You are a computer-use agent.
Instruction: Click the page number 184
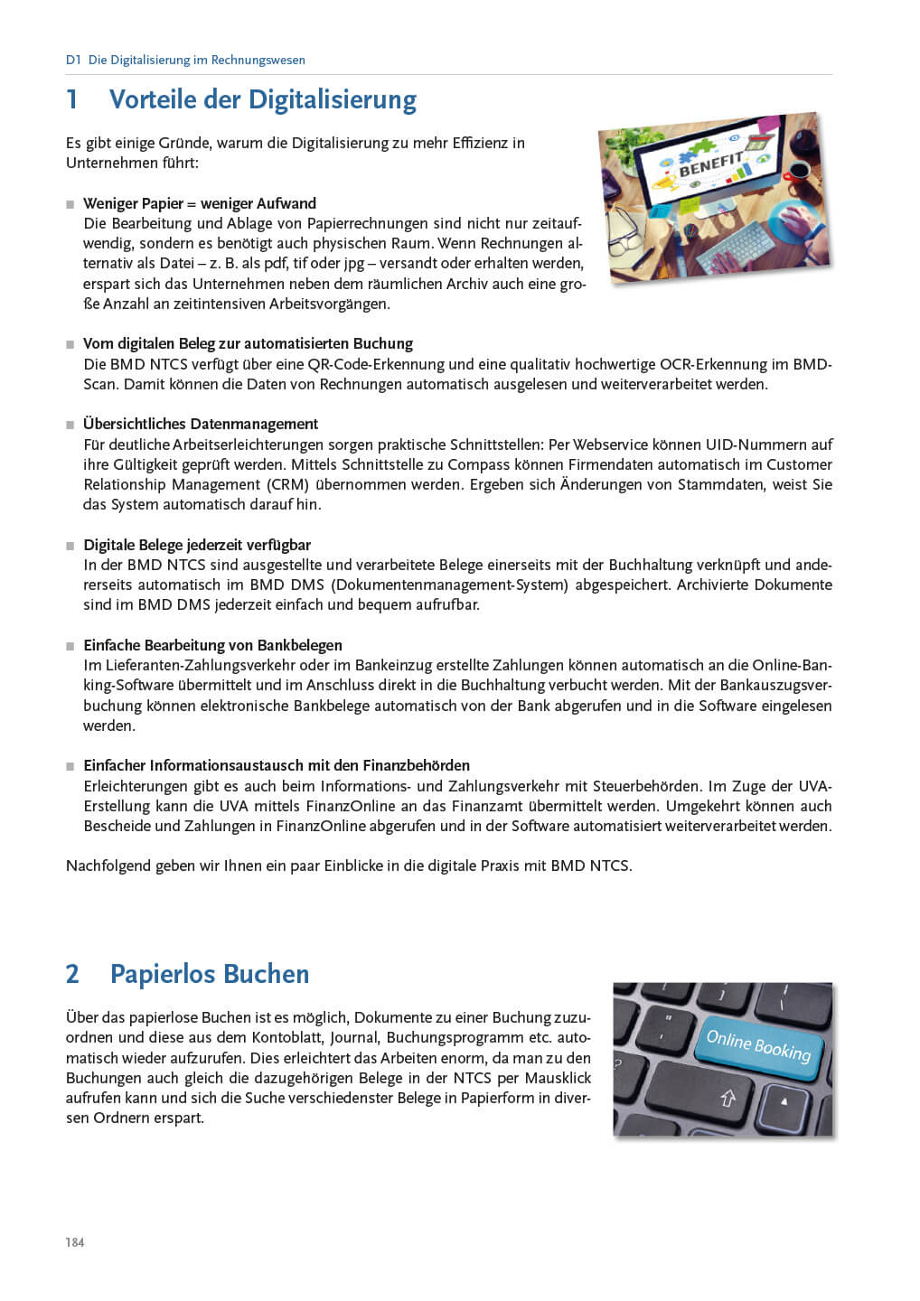[x=75, y=1242]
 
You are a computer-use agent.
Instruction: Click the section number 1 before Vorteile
[x=72, y=99]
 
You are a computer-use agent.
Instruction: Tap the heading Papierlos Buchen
[x=210, y=974]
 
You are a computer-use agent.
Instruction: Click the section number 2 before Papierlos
[x=73, y=974]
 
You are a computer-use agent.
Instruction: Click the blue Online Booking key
[x=758, y=1045]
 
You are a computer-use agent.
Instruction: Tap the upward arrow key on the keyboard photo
[x=728, y=1099]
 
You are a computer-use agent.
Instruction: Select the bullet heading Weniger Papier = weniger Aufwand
[x=200, y=203]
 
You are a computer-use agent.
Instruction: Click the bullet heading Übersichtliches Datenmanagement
[x=201, y=424]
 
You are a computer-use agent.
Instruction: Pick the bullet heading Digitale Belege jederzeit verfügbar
[x=197, y=545]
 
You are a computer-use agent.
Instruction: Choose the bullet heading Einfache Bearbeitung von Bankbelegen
[x=212, y=645]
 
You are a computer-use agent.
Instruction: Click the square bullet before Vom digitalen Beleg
[x=70, y=344]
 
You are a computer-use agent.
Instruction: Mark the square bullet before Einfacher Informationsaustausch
[x=70, y=766]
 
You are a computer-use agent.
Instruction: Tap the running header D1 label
[x=73, y=61]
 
